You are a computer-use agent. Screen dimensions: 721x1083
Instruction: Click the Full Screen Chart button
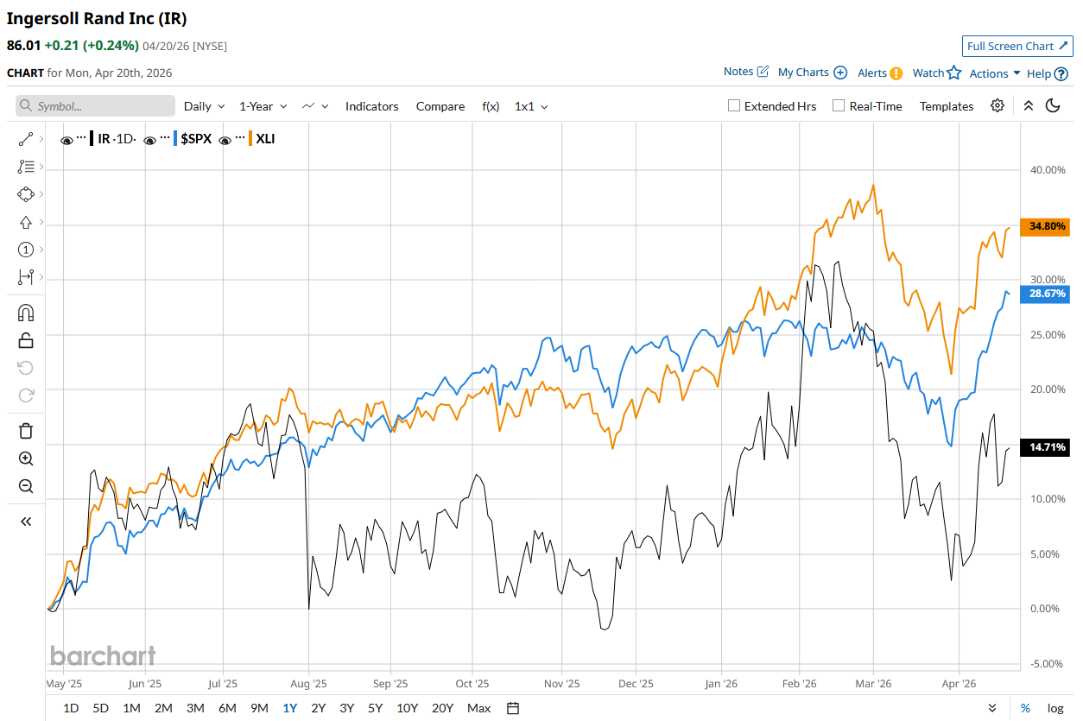point(1017,46)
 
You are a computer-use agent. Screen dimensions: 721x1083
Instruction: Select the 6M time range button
point(227,708)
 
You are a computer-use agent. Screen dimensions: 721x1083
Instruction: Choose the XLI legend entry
point(265,138)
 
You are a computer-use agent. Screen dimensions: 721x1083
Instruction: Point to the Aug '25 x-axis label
point(309,683)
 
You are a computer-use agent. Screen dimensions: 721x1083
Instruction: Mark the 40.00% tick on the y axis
point(1048,170)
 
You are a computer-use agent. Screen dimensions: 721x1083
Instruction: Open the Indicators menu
point(371,106)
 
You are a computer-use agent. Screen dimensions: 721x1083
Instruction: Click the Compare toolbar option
point(440,106)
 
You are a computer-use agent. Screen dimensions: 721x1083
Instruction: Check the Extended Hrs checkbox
point(734,106)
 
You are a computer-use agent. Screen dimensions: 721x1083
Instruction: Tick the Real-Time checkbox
point(839,106)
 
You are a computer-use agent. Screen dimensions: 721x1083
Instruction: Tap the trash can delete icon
point(26,430)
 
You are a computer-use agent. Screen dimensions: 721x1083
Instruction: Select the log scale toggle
point(1055,708)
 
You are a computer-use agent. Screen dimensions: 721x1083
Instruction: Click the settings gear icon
point(997,105)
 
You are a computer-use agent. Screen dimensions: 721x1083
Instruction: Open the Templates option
point(946,106)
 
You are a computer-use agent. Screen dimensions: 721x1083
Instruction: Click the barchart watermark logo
point(103,655)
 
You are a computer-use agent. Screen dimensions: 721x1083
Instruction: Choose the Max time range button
point(478,708)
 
